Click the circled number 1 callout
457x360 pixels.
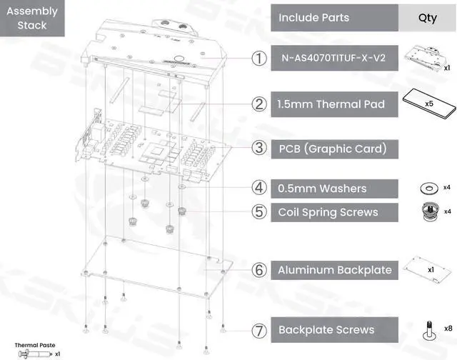(x=259, y=59)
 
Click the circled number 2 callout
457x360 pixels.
(x=259, y=104)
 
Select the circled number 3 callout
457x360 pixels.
(x=259, y=149)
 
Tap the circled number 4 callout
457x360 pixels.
(x=259, y=189)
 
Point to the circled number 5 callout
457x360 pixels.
(x=259, y=212)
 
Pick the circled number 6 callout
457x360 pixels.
(x=259, y=270)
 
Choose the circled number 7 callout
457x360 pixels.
(x=259, y=330)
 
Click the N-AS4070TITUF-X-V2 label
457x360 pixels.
(x=333, y=59)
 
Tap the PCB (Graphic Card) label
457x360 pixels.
(x=333, y=149)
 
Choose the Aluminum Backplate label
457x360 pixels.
(x=333, y=270)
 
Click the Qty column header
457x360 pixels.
(x=427, y=18)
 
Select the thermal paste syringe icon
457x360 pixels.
(x=32, y=353)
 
